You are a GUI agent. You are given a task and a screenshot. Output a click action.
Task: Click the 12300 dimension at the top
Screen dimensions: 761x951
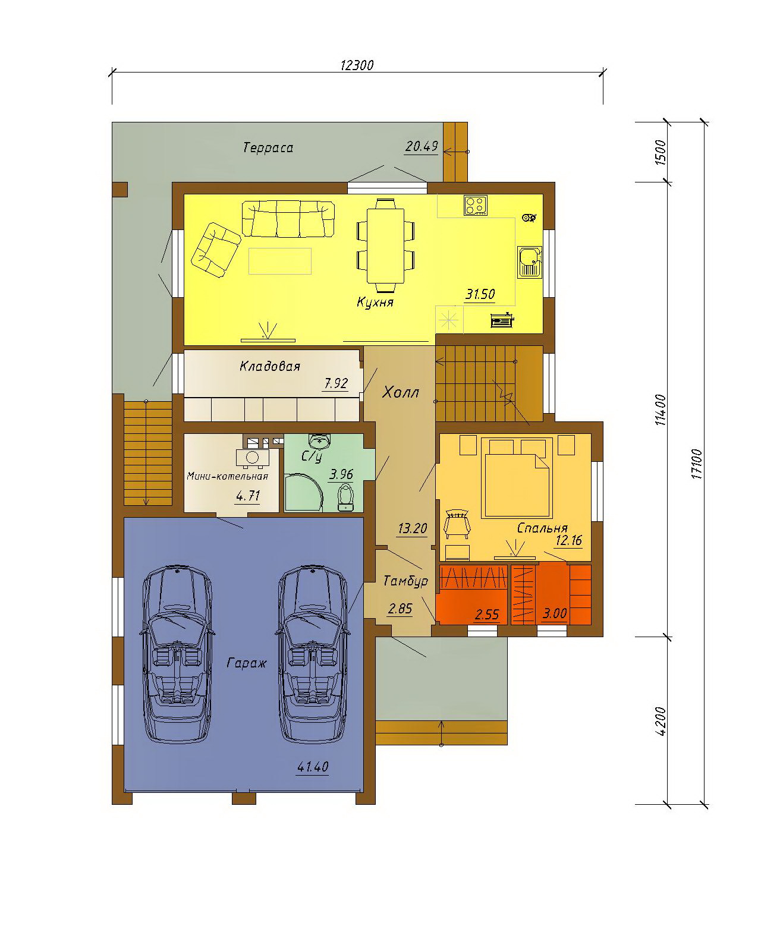tap(357, 65)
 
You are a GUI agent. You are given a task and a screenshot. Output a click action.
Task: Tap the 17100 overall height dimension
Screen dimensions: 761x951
tap(696, 464)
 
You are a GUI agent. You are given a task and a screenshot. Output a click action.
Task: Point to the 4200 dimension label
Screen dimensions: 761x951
tap(660, 721)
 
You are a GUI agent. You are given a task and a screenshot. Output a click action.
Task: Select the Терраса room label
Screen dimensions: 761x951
tap(268, 147)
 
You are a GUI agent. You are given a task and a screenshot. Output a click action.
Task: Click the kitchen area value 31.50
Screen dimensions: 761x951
tap(480, 294)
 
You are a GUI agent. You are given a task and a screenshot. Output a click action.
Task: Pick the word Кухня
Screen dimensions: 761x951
tap(375, 303)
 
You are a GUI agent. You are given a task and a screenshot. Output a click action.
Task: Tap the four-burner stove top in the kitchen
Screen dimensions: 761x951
tap(476, 205)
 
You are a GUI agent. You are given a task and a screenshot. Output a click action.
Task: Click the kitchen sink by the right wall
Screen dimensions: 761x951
tap(530, 261)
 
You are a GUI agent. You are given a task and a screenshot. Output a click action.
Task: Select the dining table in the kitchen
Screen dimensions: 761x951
tap(386, 245)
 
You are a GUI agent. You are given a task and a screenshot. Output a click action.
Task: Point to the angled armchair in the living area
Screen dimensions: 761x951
tap(216, 250)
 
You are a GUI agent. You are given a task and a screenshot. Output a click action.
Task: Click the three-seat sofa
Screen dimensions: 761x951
tap(288, 219)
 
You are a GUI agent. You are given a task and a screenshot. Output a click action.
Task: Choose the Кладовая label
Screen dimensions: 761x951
tap(270, 366)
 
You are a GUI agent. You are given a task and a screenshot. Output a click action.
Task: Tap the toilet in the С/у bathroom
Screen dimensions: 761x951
tap(345, 497)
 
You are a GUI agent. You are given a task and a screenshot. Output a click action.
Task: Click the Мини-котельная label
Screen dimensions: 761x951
tap(227, 476)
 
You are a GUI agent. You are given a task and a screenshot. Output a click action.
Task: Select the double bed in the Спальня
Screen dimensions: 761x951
tap(517, 478)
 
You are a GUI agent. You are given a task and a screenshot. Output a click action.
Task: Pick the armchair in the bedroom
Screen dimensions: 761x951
tap(457, 524)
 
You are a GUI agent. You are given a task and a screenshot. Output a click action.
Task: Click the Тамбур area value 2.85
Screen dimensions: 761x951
tap(400, 609)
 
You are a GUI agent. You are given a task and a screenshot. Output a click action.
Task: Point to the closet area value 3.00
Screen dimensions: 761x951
tap(555, 613)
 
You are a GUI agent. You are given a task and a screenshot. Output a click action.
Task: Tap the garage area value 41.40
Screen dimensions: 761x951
tap(313, 767)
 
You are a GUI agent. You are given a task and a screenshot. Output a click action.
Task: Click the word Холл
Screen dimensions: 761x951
tap(401, 392)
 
